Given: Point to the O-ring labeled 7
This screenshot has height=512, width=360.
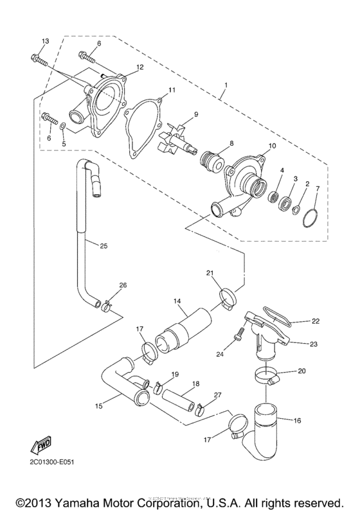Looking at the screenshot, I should click(x=311, y=217).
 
